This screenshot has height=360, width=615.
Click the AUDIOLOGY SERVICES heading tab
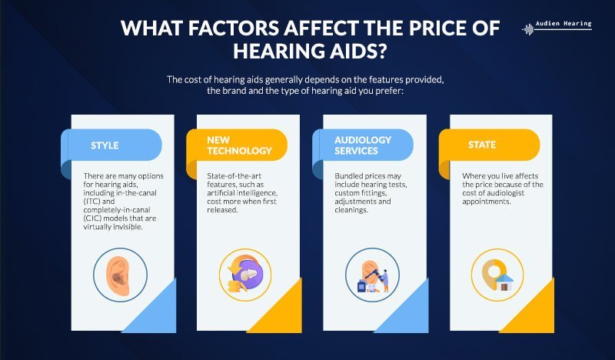pyautogui.click(x=363, y=145)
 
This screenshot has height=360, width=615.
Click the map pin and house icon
pyautogui.click(x=497, y=274)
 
